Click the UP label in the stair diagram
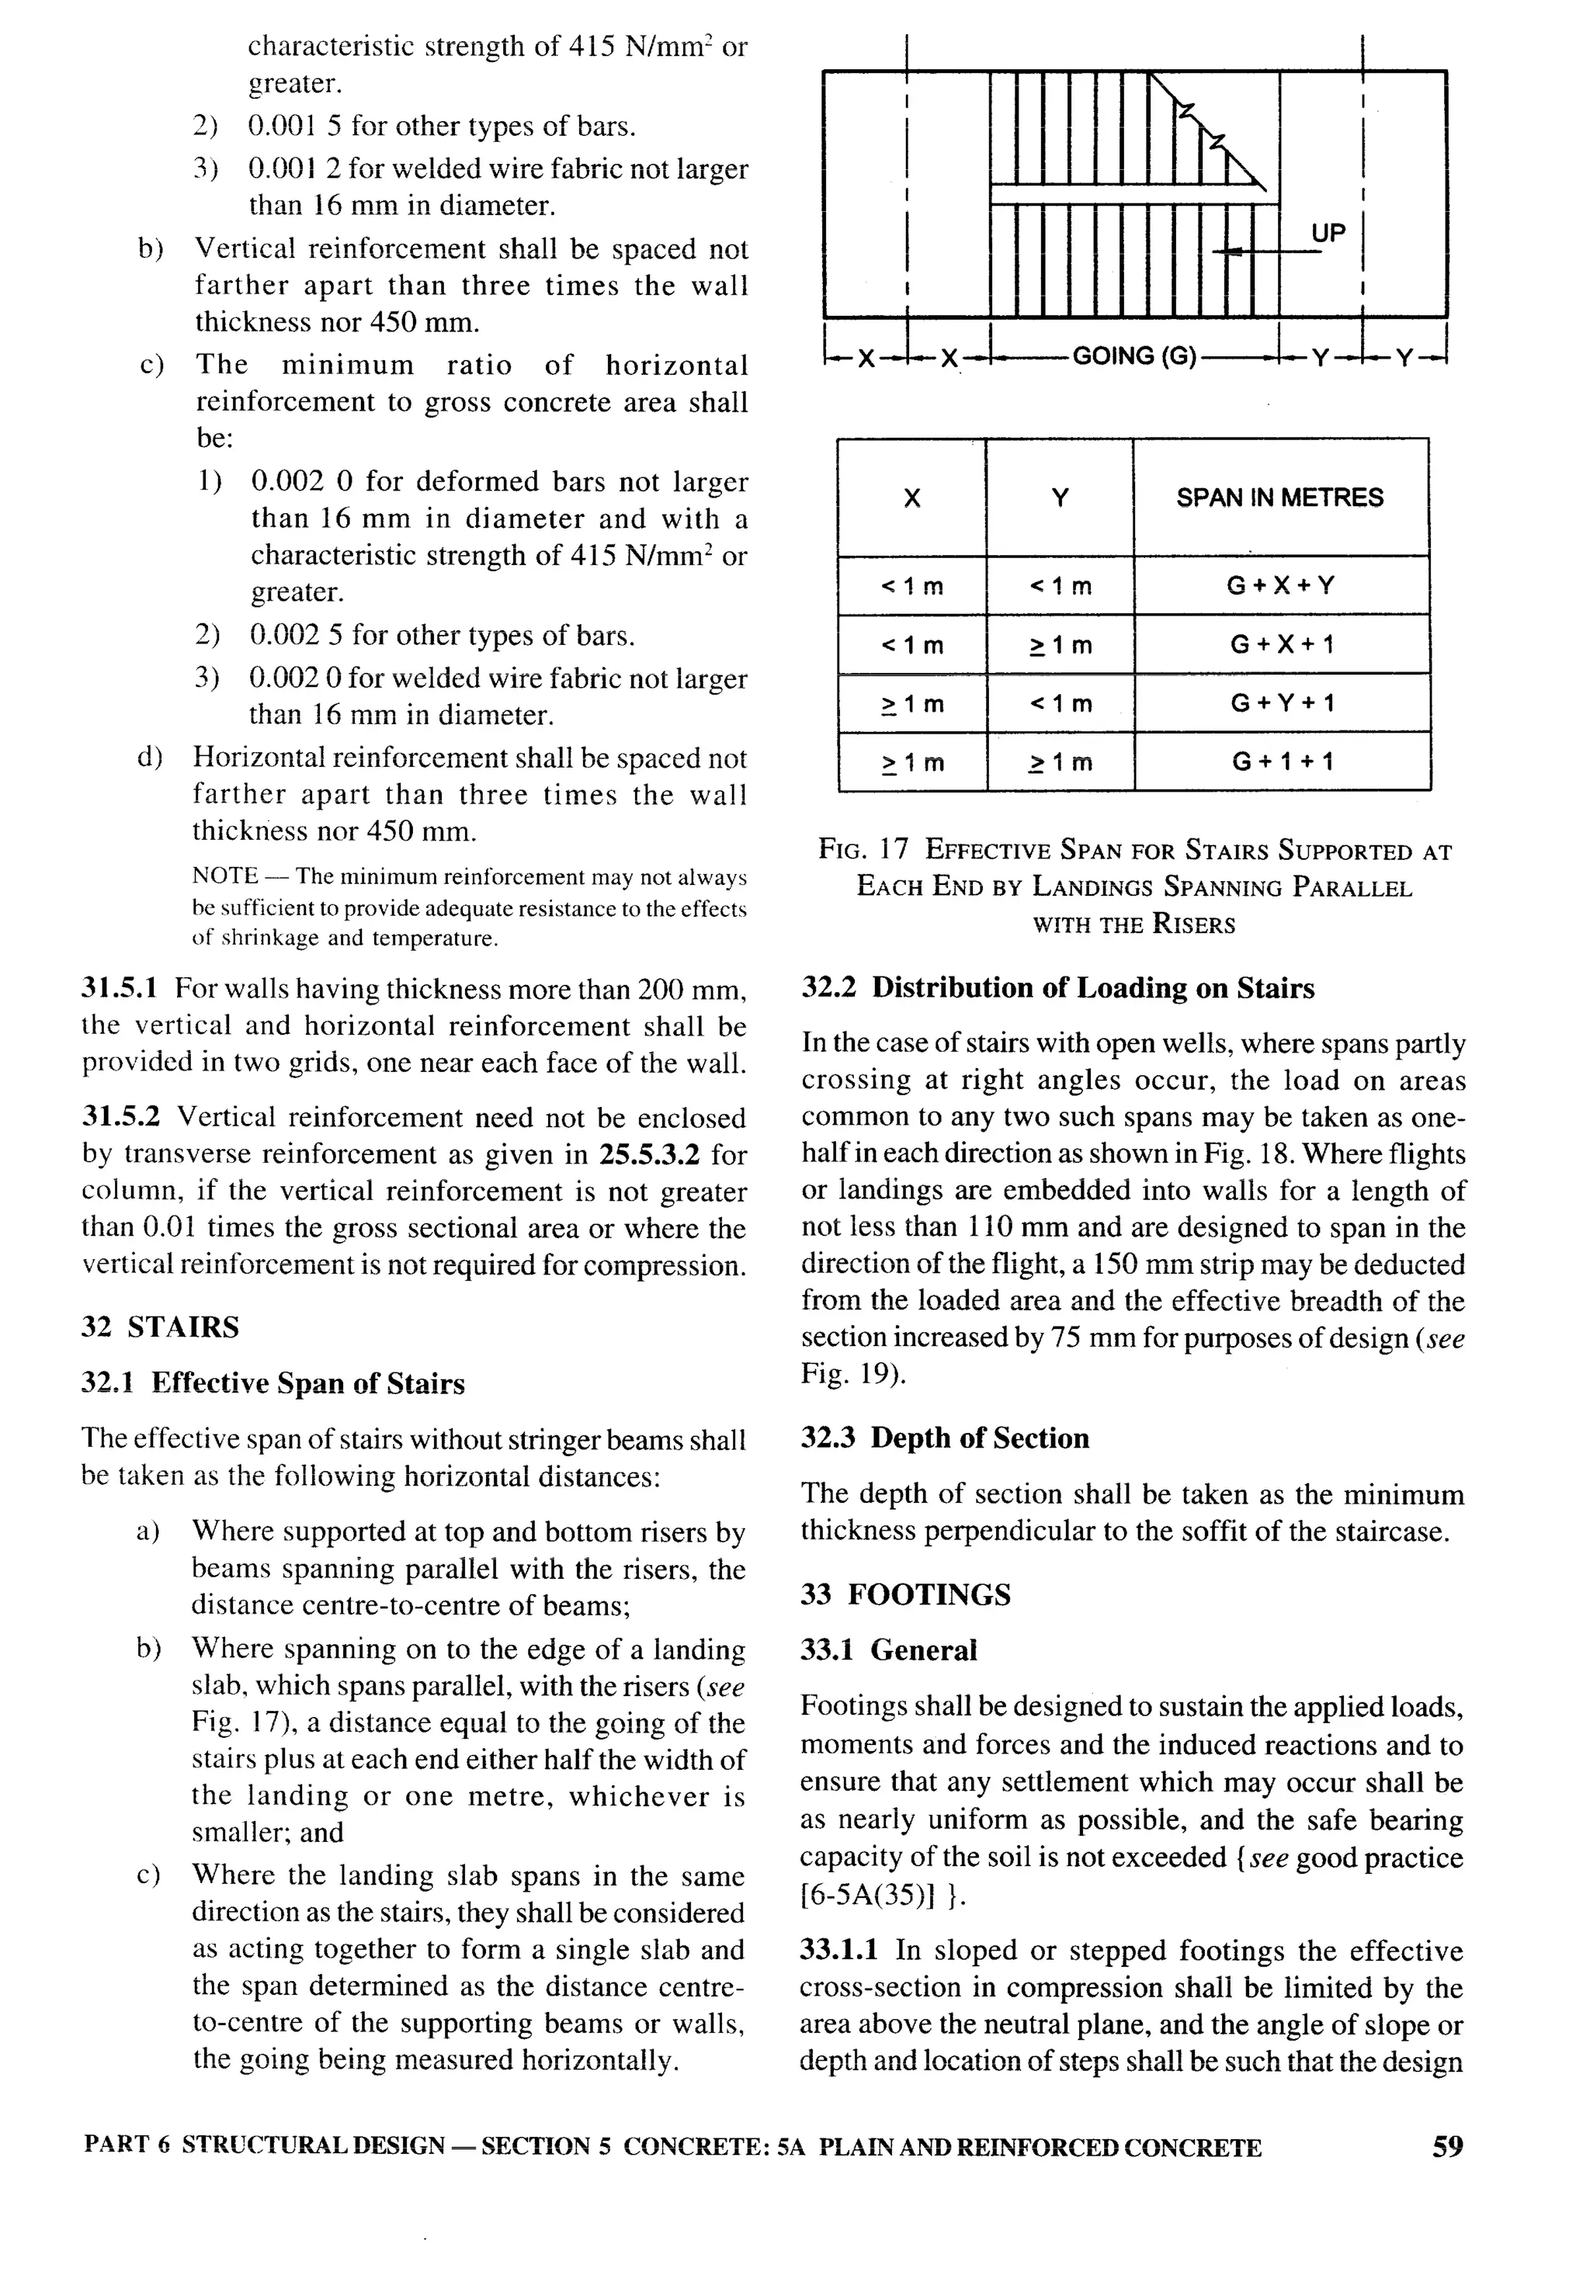pos(1328,234)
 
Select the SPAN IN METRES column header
pos(1279,498)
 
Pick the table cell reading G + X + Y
pos(1280,585)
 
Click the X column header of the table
pos(911,498)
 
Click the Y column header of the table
pos(1059,498)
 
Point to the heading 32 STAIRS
pos(160,1327)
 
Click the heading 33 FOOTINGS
pos(905,1594)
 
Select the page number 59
pos(1447,2147)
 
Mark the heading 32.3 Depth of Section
pos(945,1438)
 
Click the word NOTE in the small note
pos(224,876)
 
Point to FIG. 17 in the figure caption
pos(863,850)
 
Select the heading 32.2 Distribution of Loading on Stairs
pos(1057,989)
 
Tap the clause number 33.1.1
pos(838,1951)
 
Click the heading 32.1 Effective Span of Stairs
pos(273,1384)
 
